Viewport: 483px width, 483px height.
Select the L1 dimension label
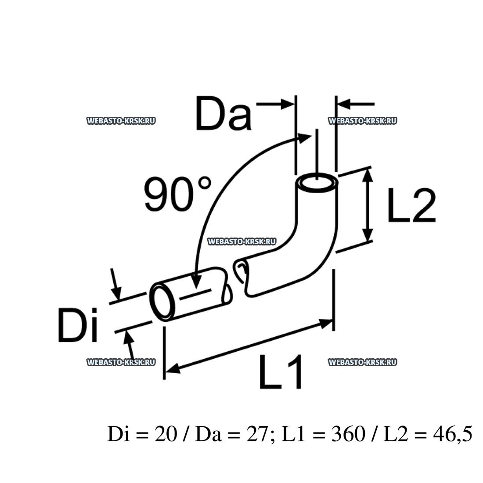(x=280, y=372)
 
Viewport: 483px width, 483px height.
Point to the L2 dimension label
(x=412, y=205)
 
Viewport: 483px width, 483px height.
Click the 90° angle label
(x=178, y=194)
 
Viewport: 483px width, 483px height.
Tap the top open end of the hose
(x=317, y=183)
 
